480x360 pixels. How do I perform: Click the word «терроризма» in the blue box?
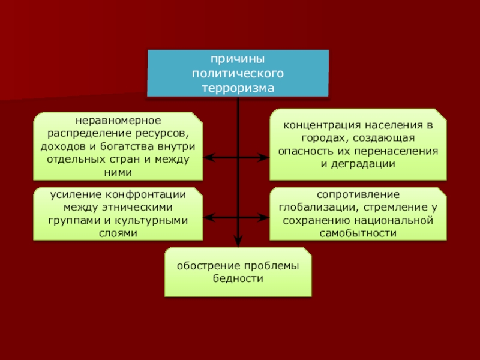tap(238, 88)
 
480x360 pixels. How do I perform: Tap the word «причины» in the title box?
tap(238, 60)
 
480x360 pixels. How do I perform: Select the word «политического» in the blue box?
tap(238, 74)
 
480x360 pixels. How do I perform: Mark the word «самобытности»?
tap(358, 232)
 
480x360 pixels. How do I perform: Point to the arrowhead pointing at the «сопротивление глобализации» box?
tap(265, 217)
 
